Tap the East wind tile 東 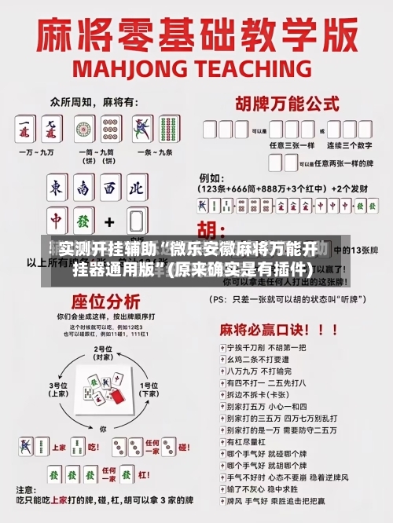[x=57, y=188]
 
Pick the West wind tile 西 [x=110, y=188]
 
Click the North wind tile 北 [x=136, y=188]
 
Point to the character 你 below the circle [x=103, y=429]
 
